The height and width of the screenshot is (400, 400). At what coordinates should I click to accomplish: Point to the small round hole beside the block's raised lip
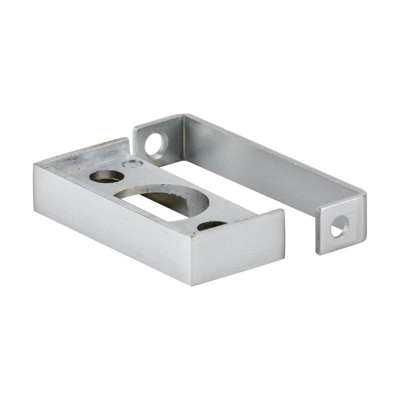coord(107,176)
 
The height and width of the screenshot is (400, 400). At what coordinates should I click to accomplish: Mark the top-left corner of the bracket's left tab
coord(134,128)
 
